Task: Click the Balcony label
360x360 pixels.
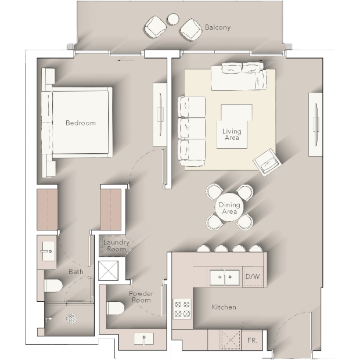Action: pos(217,27)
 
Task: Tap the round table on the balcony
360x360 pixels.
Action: pos(173,19)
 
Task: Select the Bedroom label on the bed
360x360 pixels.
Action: pos(81,123)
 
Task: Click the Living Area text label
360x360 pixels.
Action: pos(232,135)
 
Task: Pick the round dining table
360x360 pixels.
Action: pos(229,207)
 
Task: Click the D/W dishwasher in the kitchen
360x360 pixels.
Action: pos(253,276)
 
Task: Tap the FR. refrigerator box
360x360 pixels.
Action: pos(252,340)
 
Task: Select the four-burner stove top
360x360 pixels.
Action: pos(182,309)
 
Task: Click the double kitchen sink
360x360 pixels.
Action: pos(225,278)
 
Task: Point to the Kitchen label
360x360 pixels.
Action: pos(224,307)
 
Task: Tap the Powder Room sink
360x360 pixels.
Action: pos(144,338)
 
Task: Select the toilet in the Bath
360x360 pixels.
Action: pos(53,286)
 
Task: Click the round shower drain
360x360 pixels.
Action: pos(71,318)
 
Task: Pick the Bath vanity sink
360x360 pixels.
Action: pos(48,251)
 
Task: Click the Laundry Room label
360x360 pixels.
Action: pos(116,246)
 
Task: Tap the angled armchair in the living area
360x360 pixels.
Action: pos(267,163)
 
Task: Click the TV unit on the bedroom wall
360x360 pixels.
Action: pos(160,114)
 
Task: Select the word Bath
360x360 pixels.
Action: pos(76,272)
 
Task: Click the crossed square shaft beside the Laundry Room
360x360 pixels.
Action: pos(108,271)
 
